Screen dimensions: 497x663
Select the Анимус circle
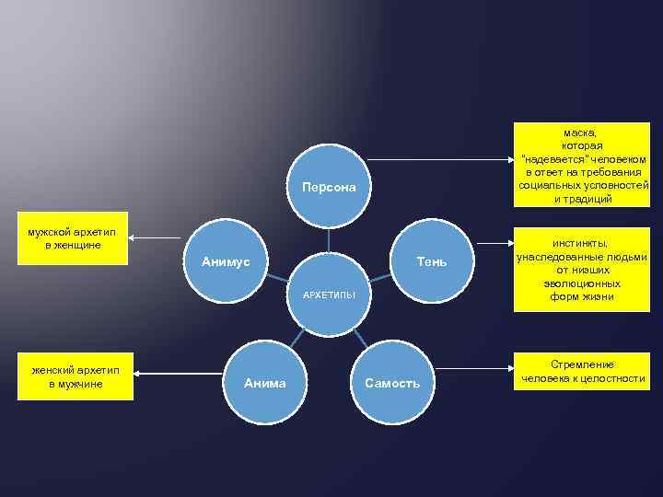tap(227, 262)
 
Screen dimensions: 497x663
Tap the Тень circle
tap(430, 262)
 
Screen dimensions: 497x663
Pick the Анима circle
tap(264, 382)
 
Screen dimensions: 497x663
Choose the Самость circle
tap(392, 382)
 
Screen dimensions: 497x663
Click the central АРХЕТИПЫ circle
tap(329, 295)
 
